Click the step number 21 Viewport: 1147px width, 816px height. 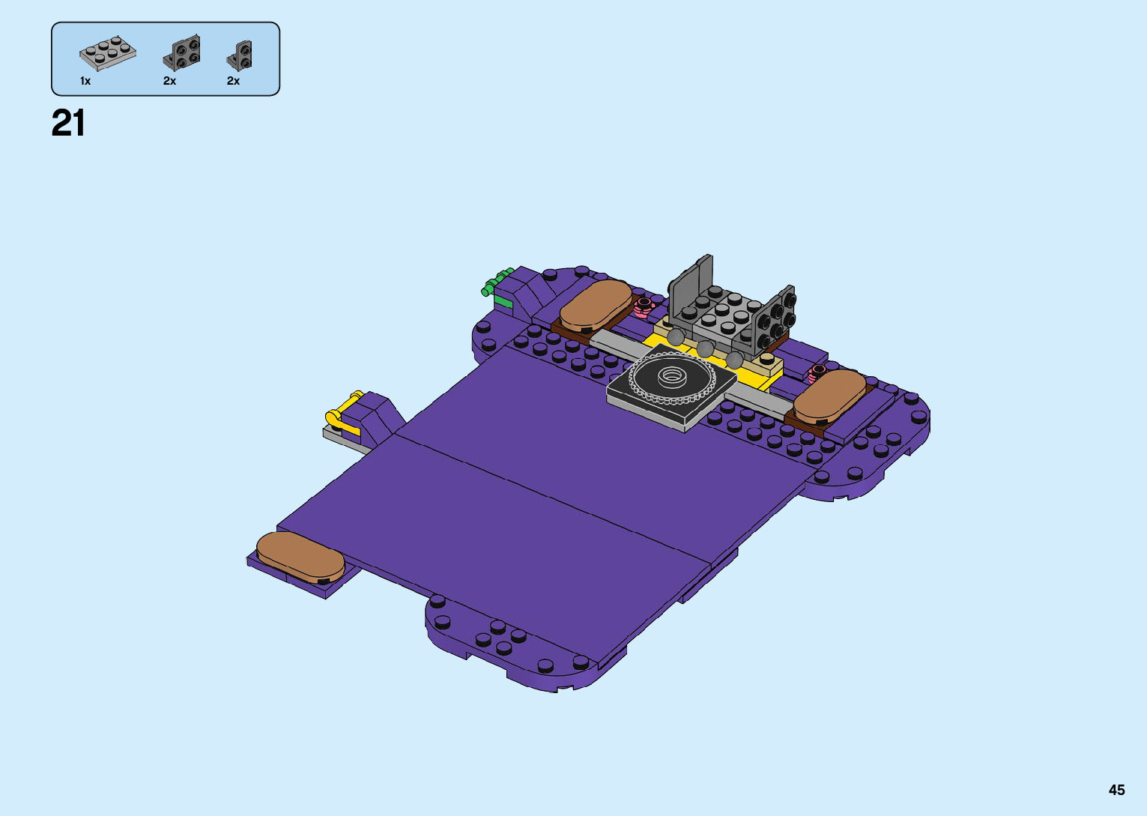pos(68,124)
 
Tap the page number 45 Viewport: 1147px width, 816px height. pos(1117,790)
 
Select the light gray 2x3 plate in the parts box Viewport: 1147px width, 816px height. pos(108,52)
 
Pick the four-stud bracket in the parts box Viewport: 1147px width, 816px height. pos(181,53)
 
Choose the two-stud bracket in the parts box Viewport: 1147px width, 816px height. pos(239,55)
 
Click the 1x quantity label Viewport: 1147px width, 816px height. pos(85,81)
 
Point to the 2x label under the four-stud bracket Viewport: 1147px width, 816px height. pos(169,81)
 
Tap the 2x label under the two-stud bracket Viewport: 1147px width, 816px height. pos(233,81)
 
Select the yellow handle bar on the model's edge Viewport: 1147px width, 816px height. pos(343,414)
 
